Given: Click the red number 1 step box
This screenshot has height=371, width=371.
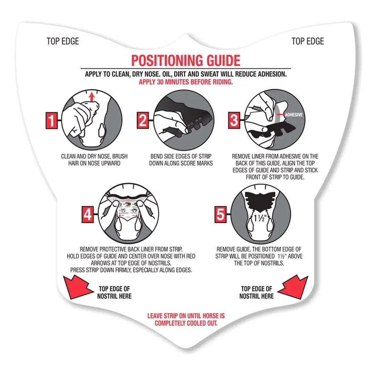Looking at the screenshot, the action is [x=51, y=120].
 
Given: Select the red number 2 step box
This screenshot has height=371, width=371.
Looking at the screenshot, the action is [x=143, y=120].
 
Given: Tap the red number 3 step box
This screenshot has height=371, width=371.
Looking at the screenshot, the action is [x=234, y=120].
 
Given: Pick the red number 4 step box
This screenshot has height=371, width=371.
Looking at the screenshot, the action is [x=88, y=214].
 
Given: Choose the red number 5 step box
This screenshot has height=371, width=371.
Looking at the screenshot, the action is [x=221, y=214].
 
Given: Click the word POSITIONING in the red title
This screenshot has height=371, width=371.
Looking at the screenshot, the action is [x=167, y=61].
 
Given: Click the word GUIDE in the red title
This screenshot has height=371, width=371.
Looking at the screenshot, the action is [x=224, y=61].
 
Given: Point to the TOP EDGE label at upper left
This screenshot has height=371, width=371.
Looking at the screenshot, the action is [x=63, y=41].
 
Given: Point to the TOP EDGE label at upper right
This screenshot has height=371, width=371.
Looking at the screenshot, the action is [x=308, y=41].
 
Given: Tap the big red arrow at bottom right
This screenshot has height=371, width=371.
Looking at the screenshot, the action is [x=294, y=287].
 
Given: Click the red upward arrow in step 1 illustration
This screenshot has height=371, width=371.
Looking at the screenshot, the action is [x=92, y=97].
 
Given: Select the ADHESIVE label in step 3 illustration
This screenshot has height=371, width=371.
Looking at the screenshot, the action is [x=293, y=115].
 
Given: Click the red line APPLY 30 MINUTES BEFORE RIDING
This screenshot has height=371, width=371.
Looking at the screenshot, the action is [x=186, y=82].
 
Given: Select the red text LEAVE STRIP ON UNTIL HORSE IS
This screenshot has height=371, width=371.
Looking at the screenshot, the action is [x=186, y=316].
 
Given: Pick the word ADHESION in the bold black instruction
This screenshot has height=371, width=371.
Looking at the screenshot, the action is [x=272, y=74].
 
